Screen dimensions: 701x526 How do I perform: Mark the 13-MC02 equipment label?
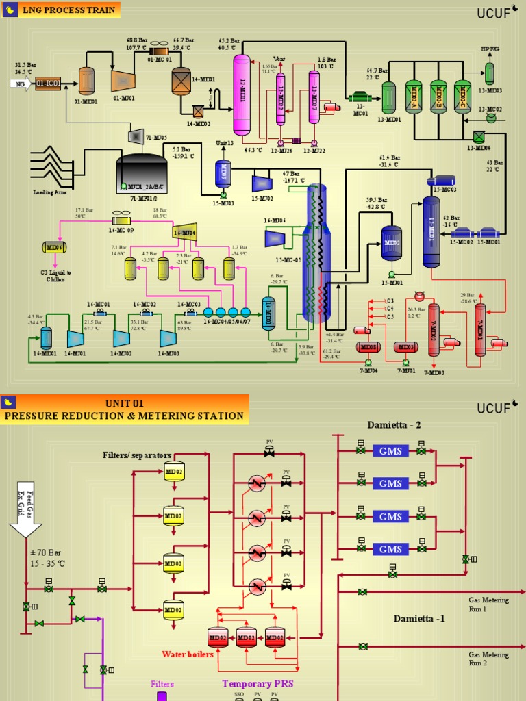[x=490, y=109]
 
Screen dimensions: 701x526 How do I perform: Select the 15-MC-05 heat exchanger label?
[x=288, y=260]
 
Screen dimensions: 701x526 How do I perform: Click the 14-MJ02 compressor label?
[x=121, y=353]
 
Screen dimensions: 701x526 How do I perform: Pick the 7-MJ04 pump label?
[x=368, y=370]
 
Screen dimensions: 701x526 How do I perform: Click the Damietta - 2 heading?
[x=394, y=424]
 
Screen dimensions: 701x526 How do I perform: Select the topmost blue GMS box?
[x=390, y=450]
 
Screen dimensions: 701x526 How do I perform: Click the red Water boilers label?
[x=187, y=654]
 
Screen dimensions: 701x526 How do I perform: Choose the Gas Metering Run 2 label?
[x=488, y=659]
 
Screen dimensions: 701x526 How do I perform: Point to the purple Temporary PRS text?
[x=258, y=683]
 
